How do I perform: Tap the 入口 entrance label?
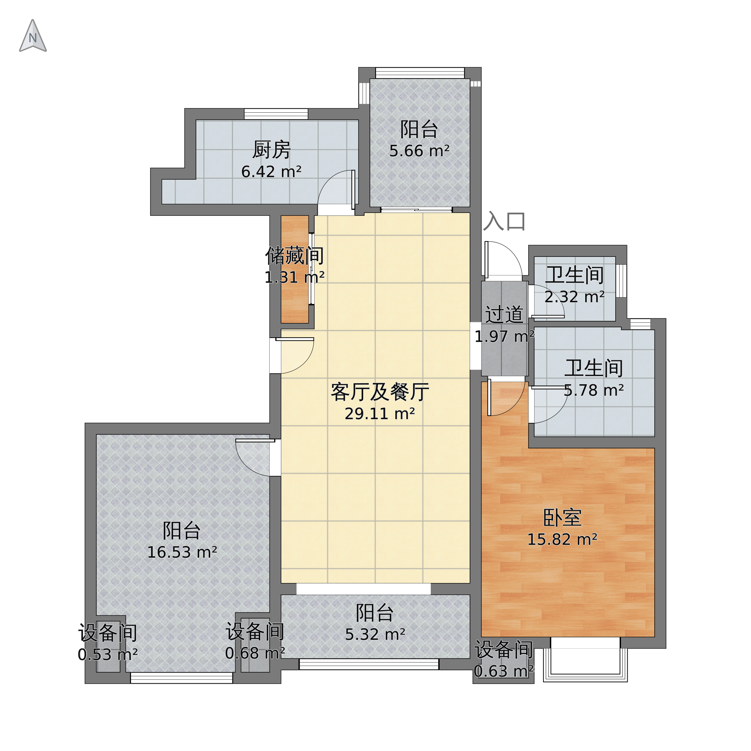point(504,221)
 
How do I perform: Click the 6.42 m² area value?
point(271,172)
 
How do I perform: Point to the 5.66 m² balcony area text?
point(419,151)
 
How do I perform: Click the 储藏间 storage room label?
point(295,256)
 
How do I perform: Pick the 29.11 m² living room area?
point(380,414)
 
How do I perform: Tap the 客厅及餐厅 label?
point(380,392)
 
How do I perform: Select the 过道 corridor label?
point(504,315)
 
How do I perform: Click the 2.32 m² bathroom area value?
point(575,297)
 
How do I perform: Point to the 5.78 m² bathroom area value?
point(594,390)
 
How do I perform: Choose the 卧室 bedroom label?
point(562,518)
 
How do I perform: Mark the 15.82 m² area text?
point(562,540)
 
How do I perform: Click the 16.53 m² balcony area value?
point(182,552)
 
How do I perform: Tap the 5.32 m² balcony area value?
point(375,634)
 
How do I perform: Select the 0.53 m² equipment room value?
point(108,655)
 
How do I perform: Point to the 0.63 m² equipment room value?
point(504,671)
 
